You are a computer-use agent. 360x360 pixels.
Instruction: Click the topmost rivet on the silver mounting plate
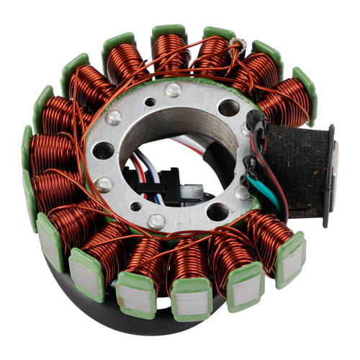click(174, 90)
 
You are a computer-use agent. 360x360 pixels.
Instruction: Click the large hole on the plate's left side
click(103, 151)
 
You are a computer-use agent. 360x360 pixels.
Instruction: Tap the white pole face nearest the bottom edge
click(191, 294)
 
